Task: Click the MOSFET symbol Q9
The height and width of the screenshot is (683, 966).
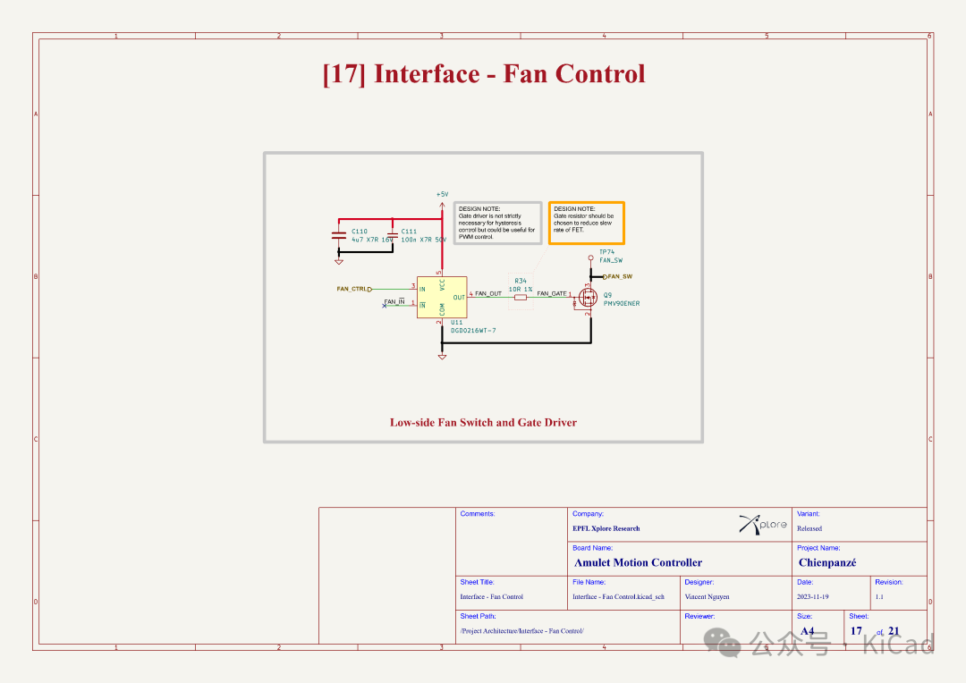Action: click(588, 297)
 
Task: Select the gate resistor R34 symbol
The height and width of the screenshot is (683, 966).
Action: click(521, 297)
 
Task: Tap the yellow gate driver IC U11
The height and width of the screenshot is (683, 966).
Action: click(442, 296)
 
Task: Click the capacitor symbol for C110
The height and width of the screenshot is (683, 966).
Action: click(338, 235)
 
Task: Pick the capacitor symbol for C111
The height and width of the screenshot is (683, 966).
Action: click(393, 235)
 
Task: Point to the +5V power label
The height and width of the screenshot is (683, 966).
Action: click(442, 194)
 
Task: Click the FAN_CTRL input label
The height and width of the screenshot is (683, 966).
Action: click(352, 289)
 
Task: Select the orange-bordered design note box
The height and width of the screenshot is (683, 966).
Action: click(586, 223)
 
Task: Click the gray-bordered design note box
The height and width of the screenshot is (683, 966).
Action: click(497, 223)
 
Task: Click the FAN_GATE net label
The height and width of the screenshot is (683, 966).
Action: click(552, 293)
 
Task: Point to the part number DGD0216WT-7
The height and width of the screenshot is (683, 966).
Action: click(473, 331)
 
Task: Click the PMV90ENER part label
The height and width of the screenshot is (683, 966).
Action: click(622, 303)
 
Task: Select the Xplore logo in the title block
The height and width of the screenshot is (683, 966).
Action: click(763, 525)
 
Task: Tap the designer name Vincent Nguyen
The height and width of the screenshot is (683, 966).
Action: click(708, 596)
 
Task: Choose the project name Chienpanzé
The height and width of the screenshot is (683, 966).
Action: click(827, 562)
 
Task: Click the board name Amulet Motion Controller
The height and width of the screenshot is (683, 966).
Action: click(638, 562)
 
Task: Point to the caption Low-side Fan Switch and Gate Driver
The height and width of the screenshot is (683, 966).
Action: click(483, 422)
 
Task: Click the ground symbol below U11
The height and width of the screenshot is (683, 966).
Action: click(442, 357)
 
